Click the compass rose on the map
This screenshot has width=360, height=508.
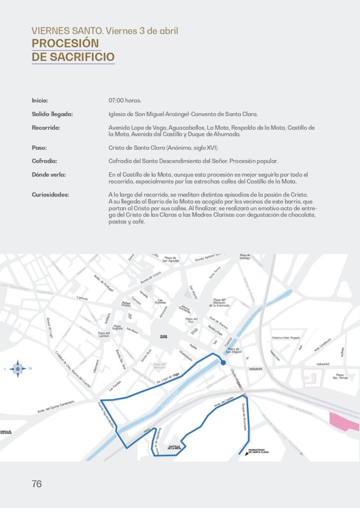coord(18,369)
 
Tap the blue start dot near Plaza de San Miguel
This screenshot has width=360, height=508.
coord(223,363)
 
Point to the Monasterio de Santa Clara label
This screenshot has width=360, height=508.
coord(258,451)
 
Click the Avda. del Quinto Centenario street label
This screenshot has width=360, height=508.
coord(56,407)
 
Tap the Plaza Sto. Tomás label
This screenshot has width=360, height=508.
coord(340,376)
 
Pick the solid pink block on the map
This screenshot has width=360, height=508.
coord(344,421)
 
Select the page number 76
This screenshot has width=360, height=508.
coord(37,484)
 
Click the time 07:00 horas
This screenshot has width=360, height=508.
coord(125,101)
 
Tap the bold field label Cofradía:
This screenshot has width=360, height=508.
coord(44,161)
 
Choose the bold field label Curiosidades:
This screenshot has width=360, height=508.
coord(50,194)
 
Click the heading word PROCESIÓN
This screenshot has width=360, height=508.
coord(66,43)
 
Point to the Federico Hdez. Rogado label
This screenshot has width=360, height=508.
coord(286,338)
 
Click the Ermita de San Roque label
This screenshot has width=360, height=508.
coord(6,433)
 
